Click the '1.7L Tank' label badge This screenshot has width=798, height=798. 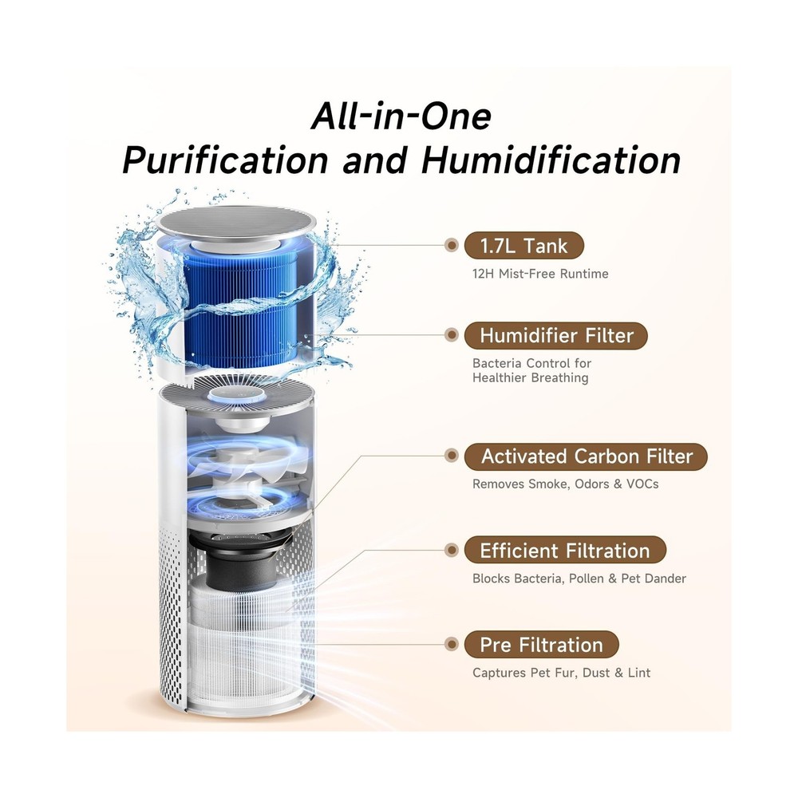(x=523, y=246)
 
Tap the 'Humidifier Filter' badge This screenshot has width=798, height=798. (x=555, y=336)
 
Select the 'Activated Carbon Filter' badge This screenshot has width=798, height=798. (x=586, y=456)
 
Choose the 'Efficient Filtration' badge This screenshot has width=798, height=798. (x=565, y=550)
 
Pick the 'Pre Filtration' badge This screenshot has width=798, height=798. (x=542, y=645)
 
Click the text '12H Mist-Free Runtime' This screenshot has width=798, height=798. (x=540, y=274)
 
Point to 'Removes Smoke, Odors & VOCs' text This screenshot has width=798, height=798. (x=566, y=484)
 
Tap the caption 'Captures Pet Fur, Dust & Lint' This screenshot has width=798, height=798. (x=561, y=673)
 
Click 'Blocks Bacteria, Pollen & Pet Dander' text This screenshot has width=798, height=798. (x=579, y=579)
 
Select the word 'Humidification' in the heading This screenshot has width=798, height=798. (x=551, y=160)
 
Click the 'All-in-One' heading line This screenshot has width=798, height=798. (x=401, y=117)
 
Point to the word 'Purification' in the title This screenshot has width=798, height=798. (x=225, y=160)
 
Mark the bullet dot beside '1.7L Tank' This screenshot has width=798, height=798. (x=451, y=245)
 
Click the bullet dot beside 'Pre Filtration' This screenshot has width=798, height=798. (x=451, y=644)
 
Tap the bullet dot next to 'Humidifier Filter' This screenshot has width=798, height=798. (x=451, y=335)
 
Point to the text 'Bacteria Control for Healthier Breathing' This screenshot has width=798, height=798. (x=531, y=370)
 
